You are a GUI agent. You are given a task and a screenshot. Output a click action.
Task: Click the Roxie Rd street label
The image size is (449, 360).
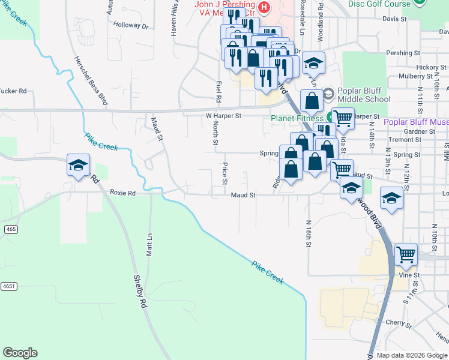click(x=123, y=193)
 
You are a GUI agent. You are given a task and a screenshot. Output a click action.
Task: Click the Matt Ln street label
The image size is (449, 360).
click(x=150, y=245)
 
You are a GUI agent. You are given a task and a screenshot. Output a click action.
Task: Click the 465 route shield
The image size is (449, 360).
click(x=10, y=229)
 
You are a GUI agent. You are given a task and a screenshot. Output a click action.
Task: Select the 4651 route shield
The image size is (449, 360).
click(x=8, y=286)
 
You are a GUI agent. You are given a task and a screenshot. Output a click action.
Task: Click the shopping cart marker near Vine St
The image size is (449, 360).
click(x=406, y=254)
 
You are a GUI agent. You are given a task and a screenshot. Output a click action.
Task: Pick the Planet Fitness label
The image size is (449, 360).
click(x=297, y=119)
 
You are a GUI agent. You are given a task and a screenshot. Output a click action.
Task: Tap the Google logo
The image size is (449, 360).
click(x=20, y=353)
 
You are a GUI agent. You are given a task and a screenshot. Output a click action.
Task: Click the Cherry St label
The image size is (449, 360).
click(x=397, y=322)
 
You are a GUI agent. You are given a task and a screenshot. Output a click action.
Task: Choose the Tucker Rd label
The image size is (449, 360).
click(x=14, y=91)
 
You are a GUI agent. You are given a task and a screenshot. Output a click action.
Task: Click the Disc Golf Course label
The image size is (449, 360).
click(x=379, y=4)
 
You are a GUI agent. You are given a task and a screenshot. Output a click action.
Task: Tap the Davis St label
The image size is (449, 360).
click(x=411, y=19)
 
